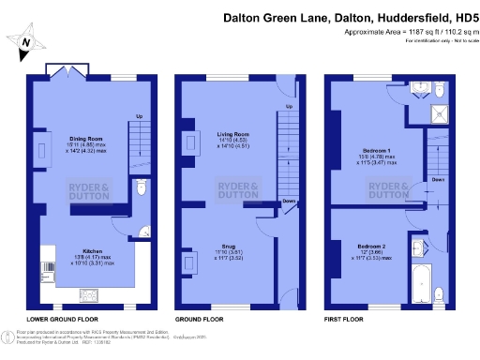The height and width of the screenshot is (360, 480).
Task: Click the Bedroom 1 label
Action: click(x=381, y=150)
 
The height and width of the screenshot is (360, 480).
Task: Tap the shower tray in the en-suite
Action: click(x=438, y=114)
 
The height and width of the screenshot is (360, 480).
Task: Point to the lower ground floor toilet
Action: click(x=140, y=187)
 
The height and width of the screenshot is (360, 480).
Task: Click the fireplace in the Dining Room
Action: click(x=45, y=148)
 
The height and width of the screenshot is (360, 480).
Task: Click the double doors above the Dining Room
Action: click(x=68, y=71)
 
